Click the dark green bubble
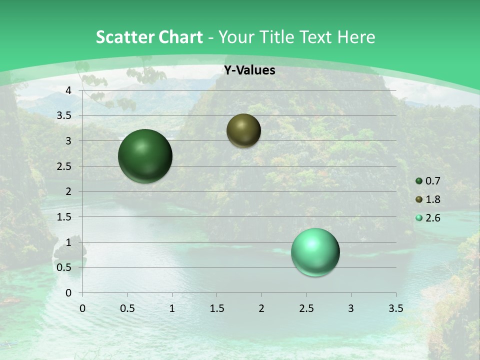[x=145, y=156]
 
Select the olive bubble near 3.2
[x=243, y=130]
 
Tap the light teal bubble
[x=315, y=252]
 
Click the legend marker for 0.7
[x=419, y=181]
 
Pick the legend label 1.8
[x=432, y=199]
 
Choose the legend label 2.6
[x=432, y=218]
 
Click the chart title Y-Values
[x=249, y=70]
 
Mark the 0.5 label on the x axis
[x=127, y=308]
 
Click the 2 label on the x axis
[x=261, y=308]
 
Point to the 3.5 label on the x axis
[x=395, y=308]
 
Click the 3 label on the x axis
[x=350, y=308]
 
